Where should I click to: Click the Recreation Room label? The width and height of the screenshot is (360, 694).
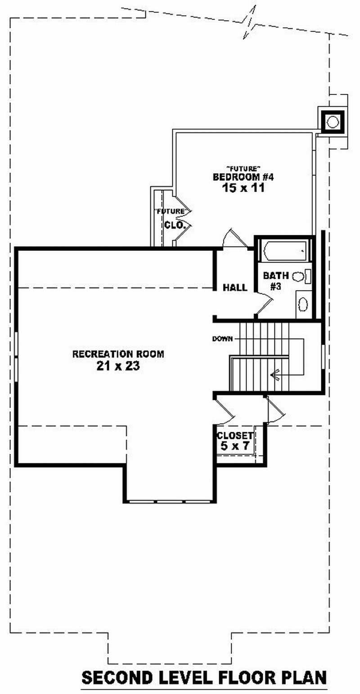click(x=118, y=354)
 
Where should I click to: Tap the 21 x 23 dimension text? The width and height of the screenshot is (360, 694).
click(x=118, y=366)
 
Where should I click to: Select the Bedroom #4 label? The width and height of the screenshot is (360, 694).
click(x=243, y=177)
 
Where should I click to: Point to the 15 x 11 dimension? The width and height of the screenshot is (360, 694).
click(x=243, y=188)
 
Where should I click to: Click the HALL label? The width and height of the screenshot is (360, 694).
click(x=235, y=287)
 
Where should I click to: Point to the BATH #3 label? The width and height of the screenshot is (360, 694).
click(x=276, y=280)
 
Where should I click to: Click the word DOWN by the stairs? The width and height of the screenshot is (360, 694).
click(x=222, y=339)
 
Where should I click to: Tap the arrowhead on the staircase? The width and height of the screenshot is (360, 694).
click(x=273, y=373)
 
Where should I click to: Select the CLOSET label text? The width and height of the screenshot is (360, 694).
click(x=234, y=436)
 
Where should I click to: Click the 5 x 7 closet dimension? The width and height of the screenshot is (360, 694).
click(x=234, y=446)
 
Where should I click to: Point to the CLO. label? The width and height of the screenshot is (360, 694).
click(x=175, y=225)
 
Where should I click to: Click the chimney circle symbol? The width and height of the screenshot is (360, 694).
click(x=333, y=121)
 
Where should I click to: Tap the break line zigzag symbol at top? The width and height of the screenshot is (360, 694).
click(x=250, y=22)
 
